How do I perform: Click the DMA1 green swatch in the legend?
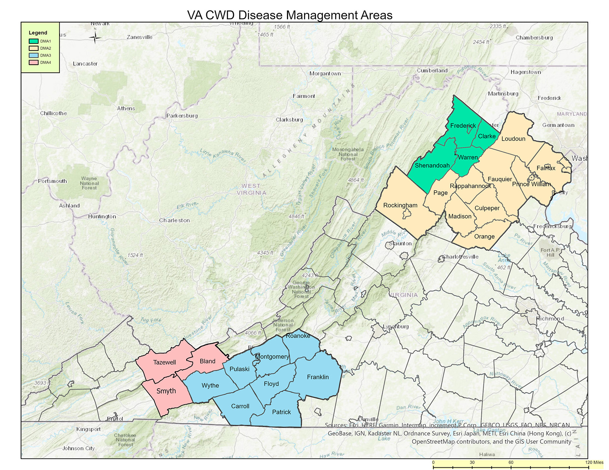[x=33, y=41]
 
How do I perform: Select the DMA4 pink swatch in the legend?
[x=33, y=62]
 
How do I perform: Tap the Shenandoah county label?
[x=432, y=165]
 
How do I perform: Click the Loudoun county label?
[x=513, y=139]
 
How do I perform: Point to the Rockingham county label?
[x=400, y=205]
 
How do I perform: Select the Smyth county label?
[x=166, y=391]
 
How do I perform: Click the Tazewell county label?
[x=164, y=362]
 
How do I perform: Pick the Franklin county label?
[x=318, y=377]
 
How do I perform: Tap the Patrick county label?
[x=281, y=412]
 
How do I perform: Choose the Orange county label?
[x=484, y=237]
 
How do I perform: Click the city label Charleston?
[x=174, y=221]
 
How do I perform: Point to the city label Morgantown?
[x=325, y=73]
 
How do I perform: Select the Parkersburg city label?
[x=182, y=116]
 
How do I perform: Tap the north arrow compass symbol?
[x=95, y=37]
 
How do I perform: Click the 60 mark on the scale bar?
[x=511, y=462]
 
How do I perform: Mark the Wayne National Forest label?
[x=89, y=183]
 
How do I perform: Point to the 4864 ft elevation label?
[x=356, y=180]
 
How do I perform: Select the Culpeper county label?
[x=487, y=208]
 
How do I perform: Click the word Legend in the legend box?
[x=38, y=33]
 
